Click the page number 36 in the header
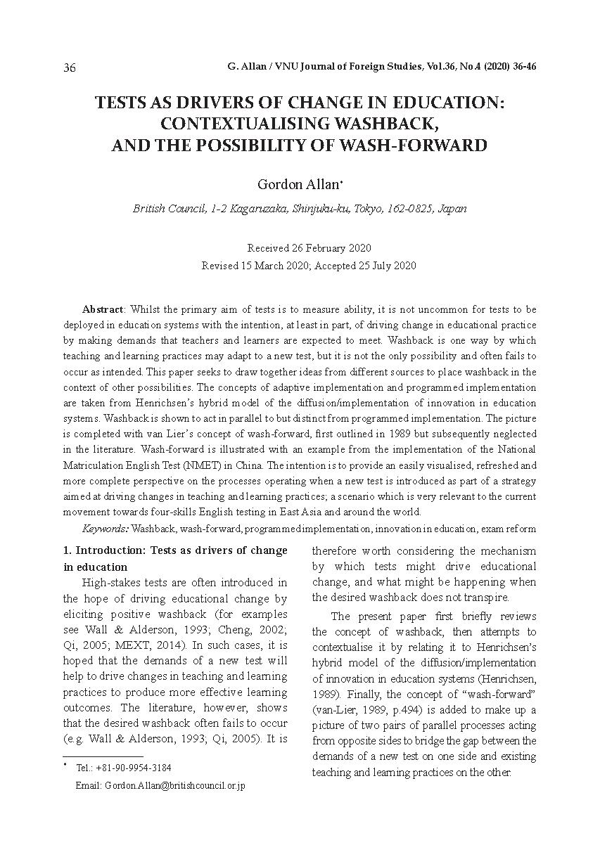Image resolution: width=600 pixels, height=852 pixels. [70, 67]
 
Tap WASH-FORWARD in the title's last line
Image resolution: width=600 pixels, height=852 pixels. [418, 146]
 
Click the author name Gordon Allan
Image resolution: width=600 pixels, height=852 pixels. [298, 185]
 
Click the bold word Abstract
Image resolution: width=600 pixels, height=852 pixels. [103, 309]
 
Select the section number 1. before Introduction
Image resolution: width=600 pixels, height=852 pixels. [68, 550]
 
